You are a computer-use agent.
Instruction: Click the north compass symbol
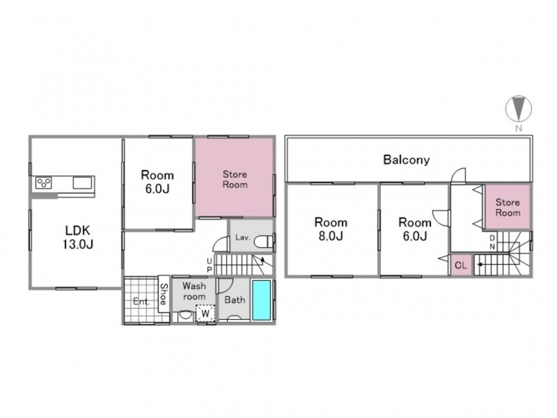coord(519,108)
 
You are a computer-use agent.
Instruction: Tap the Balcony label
coord(407,160)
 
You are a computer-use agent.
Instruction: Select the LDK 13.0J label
coord(78,237)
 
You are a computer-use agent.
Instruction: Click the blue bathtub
coord(262,300)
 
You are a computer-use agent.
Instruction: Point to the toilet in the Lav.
coord(263,242)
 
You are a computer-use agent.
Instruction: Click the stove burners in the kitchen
coord(44,183)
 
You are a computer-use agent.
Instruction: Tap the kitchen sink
coord(83,183)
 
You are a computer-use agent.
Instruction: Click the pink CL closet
coord(461,265)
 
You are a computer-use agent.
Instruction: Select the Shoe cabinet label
coord(164,294)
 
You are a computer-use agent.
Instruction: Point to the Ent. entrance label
coord(141,302)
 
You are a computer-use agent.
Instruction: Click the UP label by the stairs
coord(210,265)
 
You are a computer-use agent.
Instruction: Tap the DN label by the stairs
coord(492,242)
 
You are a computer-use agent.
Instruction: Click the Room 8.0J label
coord(331,229)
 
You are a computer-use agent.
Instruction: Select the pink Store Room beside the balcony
coord(508,207)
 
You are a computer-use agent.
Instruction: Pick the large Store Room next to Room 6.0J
coord(235,177)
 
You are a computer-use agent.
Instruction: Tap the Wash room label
coord(194,291)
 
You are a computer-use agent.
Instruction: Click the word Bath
coord(235,300)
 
